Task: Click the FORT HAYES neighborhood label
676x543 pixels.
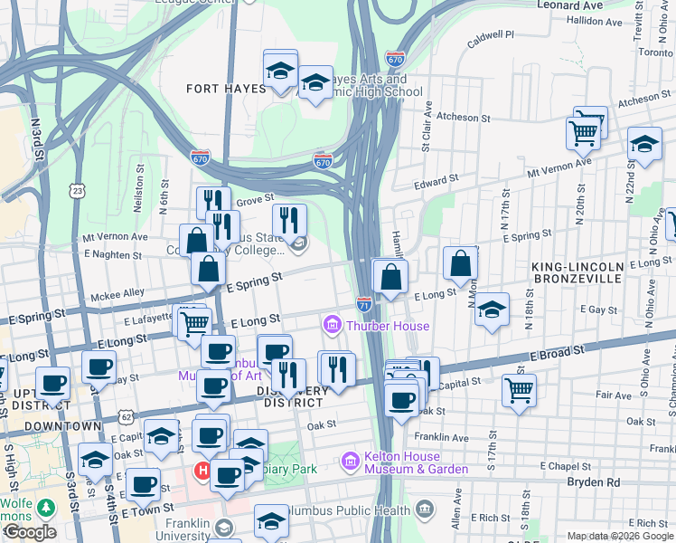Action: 226,89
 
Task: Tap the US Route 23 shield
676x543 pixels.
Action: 78,190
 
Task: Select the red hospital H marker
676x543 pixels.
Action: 203,472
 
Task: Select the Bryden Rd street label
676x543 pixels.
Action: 593,482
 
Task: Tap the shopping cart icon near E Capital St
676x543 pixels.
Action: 519,390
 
